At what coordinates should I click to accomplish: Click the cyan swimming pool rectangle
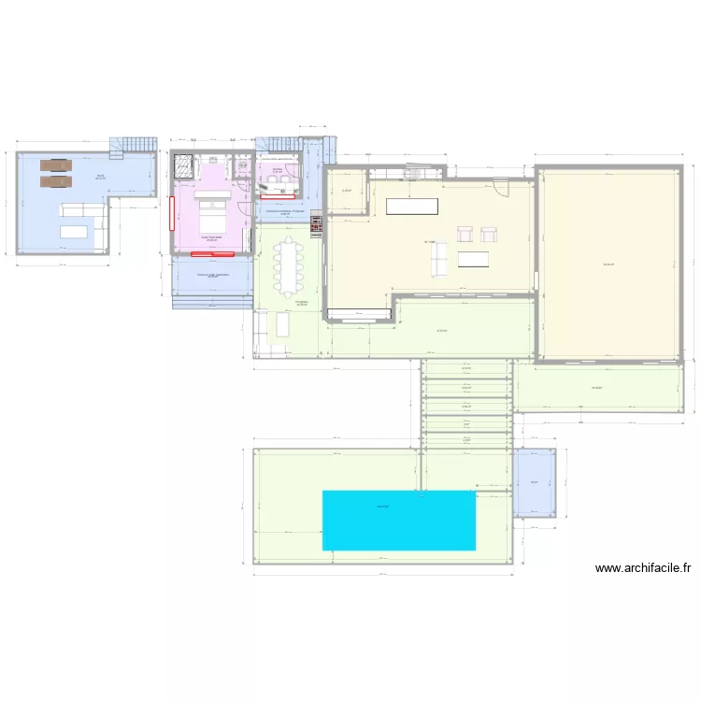(x=399, y=520)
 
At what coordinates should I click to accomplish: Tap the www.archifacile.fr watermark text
(x=643, y=567)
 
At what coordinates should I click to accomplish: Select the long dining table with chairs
(x=289, y=263)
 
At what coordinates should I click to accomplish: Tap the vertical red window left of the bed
(x=172, y=218)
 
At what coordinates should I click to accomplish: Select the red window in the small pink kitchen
(x=278, y=196)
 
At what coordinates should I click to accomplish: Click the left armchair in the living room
(x=465, y=235)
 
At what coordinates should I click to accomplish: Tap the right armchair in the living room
(x=487, y=235)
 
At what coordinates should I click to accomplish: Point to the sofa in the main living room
(x=439, y=260)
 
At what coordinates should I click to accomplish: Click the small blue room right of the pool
(x=534, y=482)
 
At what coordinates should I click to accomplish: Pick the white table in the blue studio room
(x=74, y=232)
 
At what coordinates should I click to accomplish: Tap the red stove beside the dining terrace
(x=316, y=225)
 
